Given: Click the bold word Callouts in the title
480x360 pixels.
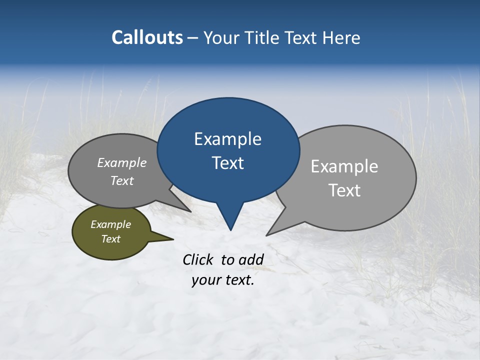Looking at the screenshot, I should tap(147, 37).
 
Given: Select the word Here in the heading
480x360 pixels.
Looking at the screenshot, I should tap(341, 38).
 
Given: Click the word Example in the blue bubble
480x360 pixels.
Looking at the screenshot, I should tap(227, 139).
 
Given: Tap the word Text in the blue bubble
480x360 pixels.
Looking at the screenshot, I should tap(227, 163).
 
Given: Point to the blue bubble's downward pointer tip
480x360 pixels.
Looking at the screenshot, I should tap(230, 229).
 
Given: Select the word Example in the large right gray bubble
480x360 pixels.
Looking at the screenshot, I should tap(344, 166).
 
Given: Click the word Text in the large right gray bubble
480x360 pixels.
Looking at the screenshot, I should tap(344, 190).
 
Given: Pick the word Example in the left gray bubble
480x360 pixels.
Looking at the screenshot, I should tap(122, 163).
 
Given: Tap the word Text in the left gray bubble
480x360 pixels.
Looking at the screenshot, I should tap(122, 181).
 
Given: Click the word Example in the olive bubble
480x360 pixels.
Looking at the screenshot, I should tap(110, 224).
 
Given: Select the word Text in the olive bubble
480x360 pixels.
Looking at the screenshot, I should tap(110, 239).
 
